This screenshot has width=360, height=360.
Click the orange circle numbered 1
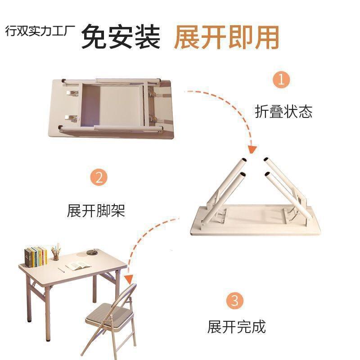281,81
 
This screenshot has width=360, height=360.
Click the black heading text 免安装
121,37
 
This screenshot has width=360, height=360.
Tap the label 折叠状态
283,112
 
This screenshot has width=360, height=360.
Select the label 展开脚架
96,210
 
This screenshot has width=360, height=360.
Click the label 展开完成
236,326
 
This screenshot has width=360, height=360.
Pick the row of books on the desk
36,256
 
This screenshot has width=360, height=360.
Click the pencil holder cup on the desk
56,256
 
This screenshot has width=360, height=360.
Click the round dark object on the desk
94,252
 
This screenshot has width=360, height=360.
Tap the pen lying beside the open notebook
63,269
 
